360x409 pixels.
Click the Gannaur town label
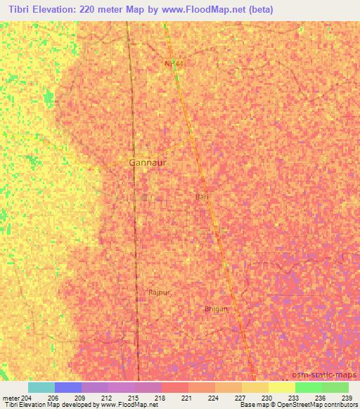(x=148, y=162)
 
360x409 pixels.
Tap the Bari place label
(x=202, y=197)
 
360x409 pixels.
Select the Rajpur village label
(x=160, y=292)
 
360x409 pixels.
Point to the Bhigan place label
(x=216, y=309)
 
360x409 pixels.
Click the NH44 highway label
(x=174, y=63)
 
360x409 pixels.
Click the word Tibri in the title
(x=22, y=10)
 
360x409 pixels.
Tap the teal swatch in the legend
(x=41, y=387)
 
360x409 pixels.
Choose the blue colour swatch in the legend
(x=67, y=387)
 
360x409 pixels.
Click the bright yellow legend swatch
(x=281, y=387)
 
